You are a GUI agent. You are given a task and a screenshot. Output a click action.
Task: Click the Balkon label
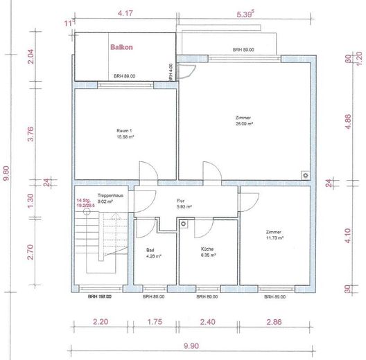[x=121, y=48]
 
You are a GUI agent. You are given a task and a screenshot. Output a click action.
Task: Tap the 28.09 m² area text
[x=243, y=124]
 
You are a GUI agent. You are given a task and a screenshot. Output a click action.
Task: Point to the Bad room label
[x=150, y=249]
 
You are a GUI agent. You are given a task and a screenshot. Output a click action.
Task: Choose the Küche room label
[x=206, y=249]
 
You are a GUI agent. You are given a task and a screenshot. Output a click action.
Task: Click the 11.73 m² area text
[x=274, y=238]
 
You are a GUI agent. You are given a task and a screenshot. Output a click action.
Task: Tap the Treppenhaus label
[x=110, y=196]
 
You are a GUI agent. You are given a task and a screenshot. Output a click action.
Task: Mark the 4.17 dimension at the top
[x=125, y=13]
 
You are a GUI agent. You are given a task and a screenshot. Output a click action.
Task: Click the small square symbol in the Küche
[x=183, y=224]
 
